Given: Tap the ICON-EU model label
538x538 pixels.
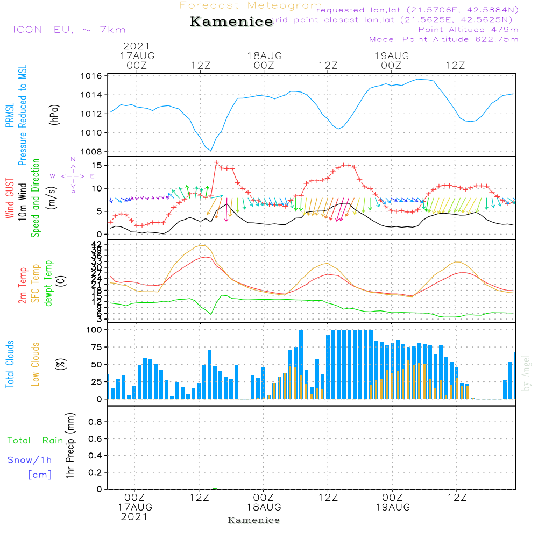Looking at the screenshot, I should (69, 30).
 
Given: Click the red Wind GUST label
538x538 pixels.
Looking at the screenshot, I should (10, 199).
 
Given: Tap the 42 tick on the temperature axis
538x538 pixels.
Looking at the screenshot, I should (97, 244).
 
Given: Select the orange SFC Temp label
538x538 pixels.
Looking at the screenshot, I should (36, 284).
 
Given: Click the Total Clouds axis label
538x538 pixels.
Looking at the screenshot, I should (10, 364).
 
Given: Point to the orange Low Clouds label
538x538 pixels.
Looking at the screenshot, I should (36, 364).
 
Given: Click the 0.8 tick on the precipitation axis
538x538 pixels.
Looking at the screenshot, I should (95, 422).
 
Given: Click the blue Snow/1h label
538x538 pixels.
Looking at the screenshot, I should (30, 460).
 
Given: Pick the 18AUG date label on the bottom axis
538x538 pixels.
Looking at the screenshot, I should (264, 507).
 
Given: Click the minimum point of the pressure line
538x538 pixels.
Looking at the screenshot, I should (211, 151).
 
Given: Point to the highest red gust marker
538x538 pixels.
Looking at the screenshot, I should (216, 162).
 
